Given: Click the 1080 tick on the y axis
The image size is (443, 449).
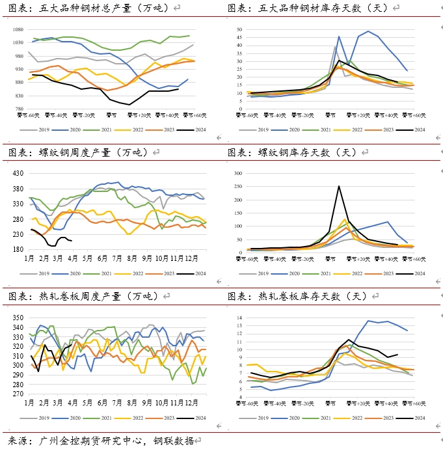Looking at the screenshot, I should tap(18, 30).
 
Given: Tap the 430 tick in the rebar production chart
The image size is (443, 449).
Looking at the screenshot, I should tap(19, 173).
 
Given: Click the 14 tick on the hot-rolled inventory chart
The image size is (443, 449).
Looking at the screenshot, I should tap(238, 317).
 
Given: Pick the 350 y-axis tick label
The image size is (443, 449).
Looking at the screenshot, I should tap(18, 318).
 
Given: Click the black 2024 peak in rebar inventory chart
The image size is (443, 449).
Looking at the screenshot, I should tap(338, 187).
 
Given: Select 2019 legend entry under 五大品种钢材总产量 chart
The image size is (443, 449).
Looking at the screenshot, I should tap(43, 129).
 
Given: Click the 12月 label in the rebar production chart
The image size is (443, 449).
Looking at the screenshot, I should tap(195, 258).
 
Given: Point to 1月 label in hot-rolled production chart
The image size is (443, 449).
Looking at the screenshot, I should tap(29, 403).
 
